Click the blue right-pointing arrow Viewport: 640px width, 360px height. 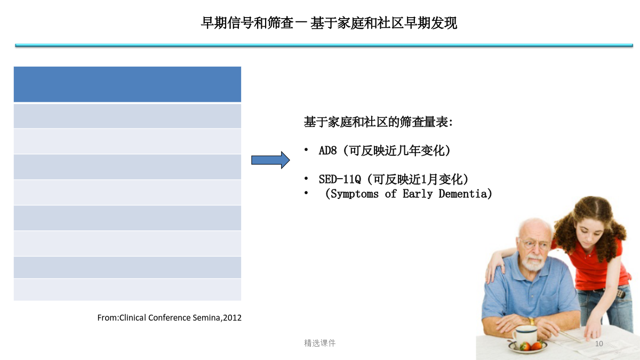point(270,160)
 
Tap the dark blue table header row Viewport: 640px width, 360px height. point(127,84)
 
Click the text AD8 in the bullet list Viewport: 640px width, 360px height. point(327,150)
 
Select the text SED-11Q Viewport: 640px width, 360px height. point(340,179)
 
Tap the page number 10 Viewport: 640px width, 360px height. point(599,343)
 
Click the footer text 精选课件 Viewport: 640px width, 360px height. point(319,343)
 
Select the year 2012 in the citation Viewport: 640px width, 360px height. point(233,318)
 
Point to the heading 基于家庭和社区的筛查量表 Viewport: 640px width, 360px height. point(378,122)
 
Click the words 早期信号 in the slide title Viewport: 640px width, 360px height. point(227,23)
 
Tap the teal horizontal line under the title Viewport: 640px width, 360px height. point(324,45)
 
